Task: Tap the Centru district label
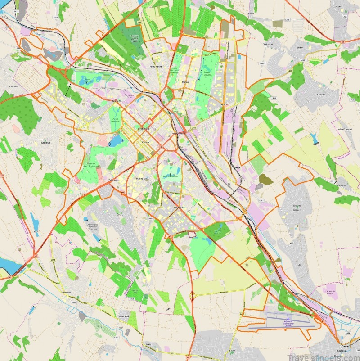(145, 142)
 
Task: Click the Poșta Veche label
(155, 67)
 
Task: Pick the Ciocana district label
(224, 104)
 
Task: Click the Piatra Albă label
(124, 317)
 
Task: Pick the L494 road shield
(54, 260)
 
